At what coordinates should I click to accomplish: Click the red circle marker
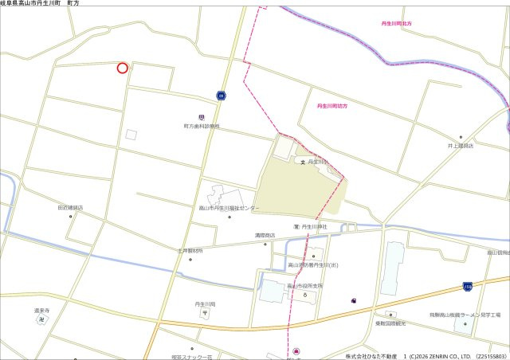[122, 68]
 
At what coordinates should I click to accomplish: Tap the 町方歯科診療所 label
[201, 126]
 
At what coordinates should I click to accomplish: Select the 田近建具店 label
[70, 207]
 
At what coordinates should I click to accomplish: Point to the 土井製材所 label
[190, 251]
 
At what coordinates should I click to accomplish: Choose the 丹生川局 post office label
[205, 304]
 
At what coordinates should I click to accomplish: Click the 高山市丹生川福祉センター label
[229, 208]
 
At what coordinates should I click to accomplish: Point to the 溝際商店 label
[264, 236]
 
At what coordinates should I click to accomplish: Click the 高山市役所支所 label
[305, 286]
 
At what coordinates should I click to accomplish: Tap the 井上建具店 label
[460, 146]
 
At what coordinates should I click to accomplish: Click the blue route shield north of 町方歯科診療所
[220, 96]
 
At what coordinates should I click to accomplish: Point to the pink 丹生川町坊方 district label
[332, 105]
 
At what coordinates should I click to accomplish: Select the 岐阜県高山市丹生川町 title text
[40, 4]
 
